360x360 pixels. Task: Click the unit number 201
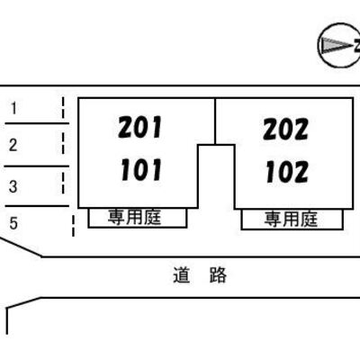(x=140, y=127)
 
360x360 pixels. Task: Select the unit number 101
(x=141, y=170)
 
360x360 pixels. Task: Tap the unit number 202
(x=285, y=129)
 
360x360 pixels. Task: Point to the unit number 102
(x=287, y=172)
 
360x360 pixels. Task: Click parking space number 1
(x=13, y=108)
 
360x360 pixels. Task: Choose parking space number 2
(x=13, y=145)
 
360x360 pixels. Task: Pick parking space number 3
(x=13, y=186)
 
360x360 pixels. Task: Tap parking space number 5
(x=13, y=223)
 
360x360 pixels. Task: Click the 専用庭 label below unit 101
(x=135, y=217)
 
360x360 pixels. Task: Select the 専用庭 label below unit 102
(x=291, y=219)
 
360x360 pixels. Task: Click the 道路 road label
(x=200, y=274)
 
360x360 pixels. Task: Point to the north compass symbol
(x=339, y=45)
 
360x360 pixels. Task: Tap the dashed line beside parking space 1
(x=63, y=107)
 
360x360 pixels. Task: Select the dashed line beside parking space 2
(x=63, y=143)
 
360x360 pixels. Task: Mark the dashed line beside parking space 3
(x=63, y=183)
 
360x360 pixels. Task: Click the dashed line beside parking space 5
(x=73, y=226)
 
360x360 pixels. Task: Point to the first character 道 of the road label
(x=181, y=274)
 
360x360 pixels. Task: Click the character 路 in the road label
(x=218, y=274)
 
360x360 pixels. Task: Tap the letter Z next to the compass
(x=356, y=46)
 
